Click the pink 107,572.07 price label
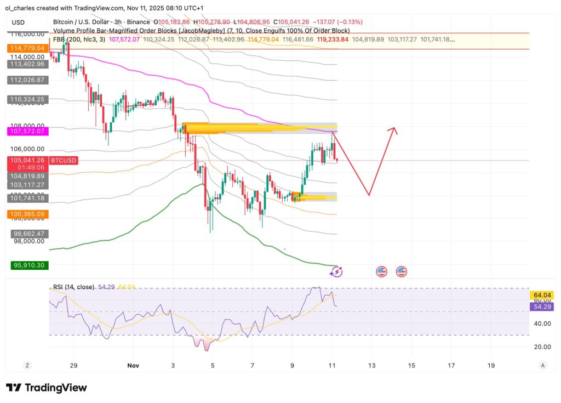pyautogui.click(x=27, y=132)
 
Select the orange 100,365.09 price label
pyautogui.click(x=27, y=213)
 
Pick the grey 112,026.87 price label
pyautogui.click(x=27, y=80)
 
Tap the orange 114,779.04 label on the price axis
pyautogui.click(x=27, y=49)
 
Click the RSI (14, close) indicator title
pyautogui.click(x=72, y=287)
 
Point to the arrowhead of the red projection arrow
pyautogui.click(x=393, y=130)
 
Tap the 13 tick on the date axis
pyautogui.click(x=373, y=365)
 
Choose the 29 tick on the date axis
pyautogui.click(x=74, y=365)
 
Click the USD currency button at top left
pyautogui.click(x=18, y=22)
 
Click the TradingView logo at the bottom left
pyautogui.click(x=46, y=388)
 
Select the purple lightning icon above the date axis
pyautogui.click(x=337, y=271)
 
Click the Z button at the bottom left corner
pyautogui.click(x=27, y=365)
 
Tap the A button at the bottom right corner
pyautogui.click(x=542, y=365)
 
